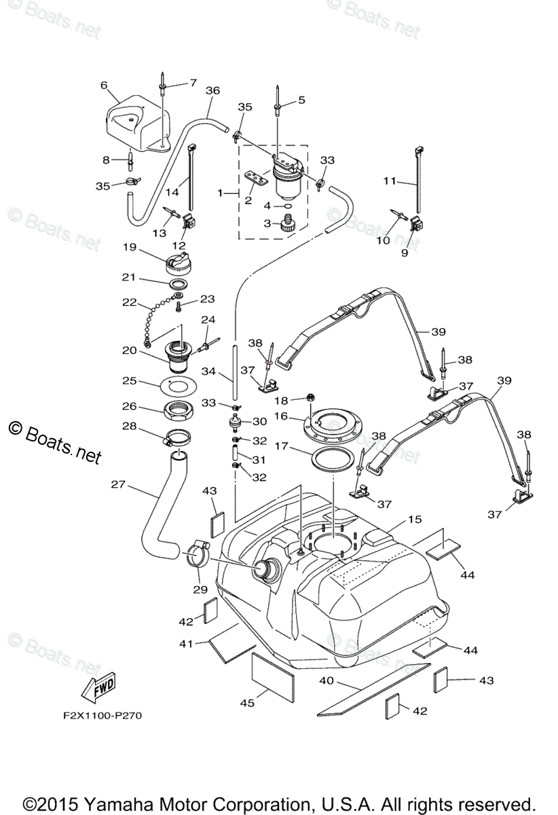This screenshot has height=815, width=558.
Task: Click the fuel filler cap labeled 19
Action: click(x=181, y=261)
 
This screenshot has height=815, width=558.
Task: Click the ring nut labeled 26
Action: click(x=180, y=410)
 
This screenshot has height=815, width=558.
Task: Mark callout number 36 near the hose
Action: click(x=212, y=90)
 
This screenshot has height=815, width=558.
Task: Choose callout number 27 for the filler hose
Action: click(x=118, y=485)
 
